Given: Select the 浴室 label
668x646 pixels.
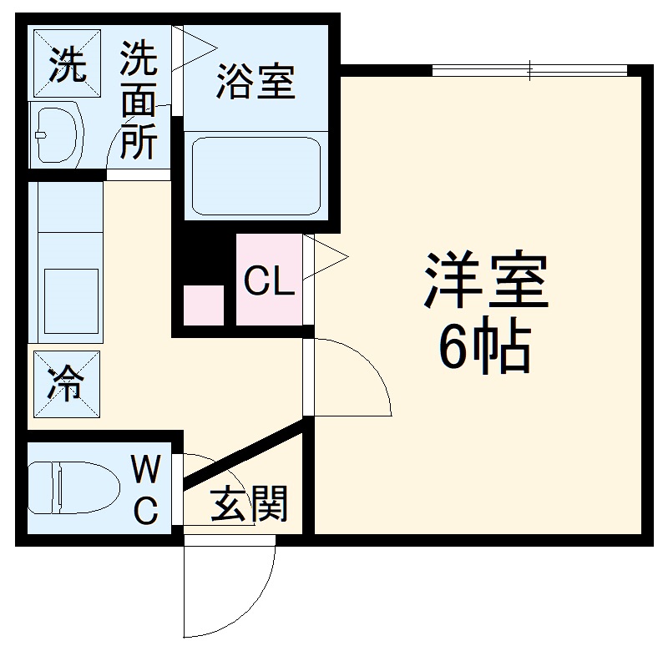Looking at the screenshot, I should (x=256, y=83).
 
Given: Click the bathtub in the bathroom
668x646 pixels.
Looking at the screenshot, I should (x=256, y=176).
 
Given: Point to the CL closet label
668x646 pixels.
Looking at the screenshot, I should (x=269, y=283).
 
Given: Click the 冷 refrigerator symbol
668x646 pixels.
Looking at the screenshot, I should (x=64, y=384).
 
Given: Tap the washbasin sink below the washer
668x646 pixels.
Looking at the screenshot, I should (x=57, y=134).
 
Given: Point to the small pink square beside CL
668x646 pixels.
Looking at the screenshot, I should (x=203, y=305).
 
